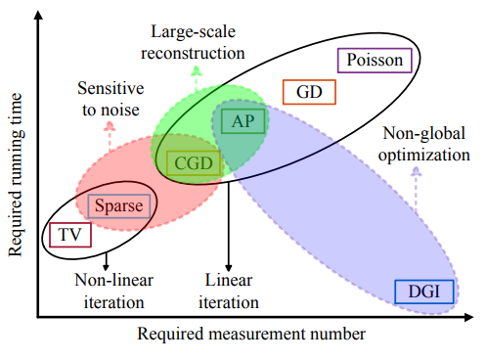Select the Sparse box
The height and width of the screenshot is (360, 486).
119,205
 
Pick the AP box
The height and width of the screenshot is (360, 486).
240,121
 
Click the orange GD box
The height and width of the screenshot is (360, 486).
309,93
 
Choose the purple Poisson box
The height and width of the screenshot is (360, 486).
376,61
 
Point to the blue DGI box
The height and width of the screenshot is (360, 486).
419,291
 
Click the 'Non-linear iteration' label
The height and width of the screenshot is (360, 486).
109,291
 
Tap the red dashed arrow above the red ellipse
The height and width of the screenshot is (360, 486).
108,134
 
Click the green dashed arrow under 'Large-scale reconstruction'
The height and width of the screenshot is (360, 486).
196,77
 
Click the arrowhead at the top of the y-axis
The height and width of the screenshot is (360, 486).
37,12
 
